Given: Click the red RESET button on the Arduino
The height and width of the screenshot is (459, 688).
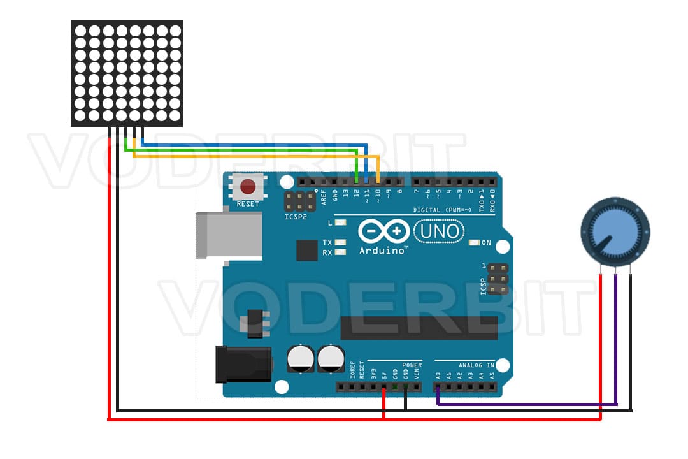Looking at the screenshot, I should point(247,187).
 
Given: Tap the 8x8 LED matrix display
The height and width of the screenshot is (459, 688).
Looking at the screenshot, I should point(127,73).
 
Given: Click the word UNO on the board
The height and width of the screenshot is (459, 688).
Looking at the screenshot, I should point(439,231).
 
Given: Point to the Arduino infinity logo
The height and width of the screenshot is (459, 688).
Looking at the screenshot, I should point(383,231).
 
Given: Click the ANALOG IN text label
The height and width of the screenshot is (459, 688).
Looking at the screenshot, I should point(473,365).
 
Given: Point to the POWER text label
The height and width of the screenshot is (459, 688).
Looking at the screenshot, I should point(412,365).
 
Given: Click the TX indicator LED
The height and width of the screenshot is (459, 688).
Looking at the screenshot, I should point(340,243).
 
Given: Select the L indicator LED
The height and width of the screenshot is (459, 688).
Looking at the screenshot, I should point(340,223).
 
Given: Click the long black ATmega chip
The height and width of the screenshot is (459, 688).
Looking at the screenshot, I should point(419,328).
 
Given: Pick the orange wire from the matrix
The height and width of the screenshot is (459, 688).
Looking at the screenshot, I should point(255,155).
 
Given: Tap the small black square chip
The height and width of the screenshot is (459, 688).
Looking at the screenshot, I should point(306,250).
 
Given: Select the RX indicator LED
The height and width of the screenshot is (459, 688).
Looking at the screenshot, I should point(340,252).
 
